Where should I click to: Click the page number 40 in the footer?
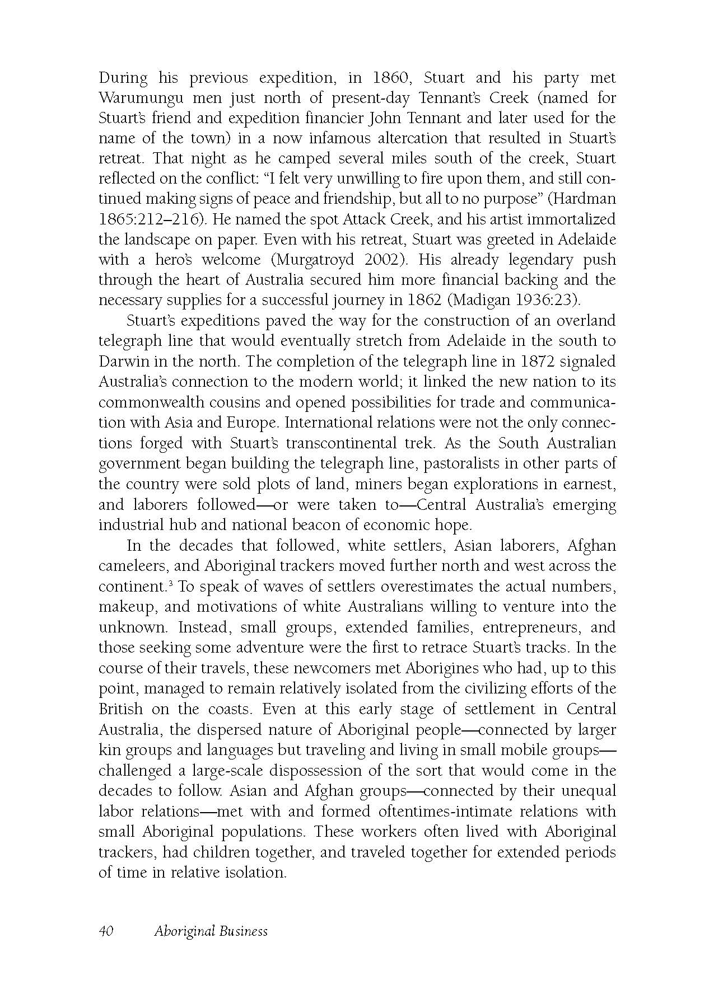(106, 931)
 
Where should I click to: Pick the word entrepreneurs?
(526, 627)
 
